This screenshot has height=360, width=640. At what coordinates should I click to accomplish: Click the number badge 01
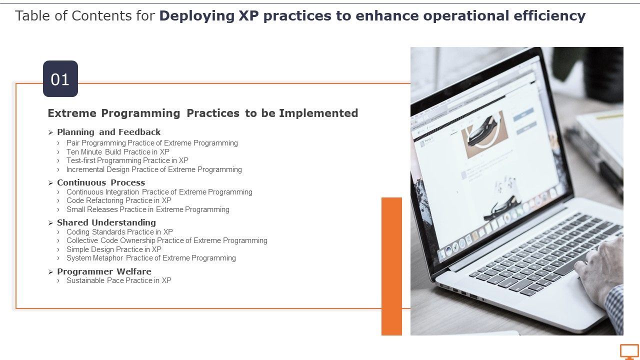pyautogui.click(x=60, y=79)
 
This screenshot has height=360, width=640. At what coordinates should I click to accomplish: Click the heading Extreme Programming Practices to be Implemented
pyautogui.click(x=202, y=113)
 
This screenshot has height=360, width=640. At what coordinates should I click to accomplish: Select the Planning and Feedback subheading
pyautogui.click(x=108, y=132)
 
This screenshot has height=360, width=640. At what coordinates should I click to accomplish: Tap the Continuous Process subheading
pyautogui.click(x=100, y=182)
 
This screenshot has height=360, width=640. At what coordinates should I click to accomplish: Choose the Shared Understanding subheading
pyautogui.click(x=106, y=222)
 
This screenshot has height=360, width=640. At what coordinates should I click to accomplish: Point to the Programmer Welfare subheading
pyautogui.click(x=104, y=271)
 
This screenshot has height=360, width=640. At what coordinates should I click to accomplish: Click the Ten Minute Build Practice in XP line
pyautogui.click(x=117, y=152)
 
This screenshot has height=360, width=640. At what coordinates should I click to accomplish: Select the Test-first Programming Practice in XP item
pyautogui.click(x=127, y=160)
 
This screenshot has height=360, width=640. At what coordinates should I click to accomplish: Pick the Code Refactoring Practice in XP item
pyautogui.click(x=118, y=200)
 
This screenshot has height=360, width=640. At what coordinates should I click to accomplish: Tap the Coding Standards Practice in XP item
pyautogui.click(x=119, y=232)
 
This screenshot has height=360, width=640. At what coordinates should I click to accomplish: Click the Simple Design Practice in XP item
pyautogui.click(x=113, y=249)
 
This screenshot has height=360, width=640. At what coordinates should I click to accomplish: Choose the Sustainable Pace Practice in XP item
pyautogui.click(x=118, y=280)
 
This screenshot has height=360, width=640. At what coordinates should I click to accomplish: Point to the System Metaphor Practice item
pyautogui.click(x=151, y=258)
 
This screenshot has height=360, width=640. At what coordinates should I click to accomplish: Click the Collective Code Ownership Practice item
pyautogui.click(x=166, y=240)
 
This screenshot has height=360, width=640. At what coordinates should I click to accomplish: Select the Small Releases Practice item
pyautogui.click(x=147, y=209)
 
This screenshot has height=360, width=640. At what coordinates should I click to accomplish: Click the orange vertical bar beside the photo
pyautogui.click(x=391, y=266)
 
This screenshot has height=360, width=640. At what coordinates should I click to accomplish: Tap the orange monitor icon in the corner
pyautogui.click(x=629, y=351)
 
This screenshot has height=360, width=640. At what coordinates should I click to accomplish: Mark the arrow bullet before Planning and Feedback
pyautogui.click(x=50, y=132)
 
